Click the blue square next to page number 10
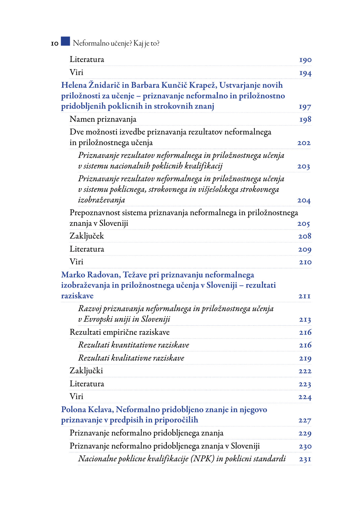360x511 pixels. tap(65, 41)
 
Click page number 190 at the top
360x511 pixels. tap(305, 60)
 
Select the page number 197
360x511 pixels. tap(305, 107)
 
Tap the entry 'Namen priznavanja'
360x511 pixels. tap(103, 119)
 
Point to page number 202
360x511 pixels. tap(304, 143)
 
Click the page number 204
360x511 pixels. tap(304, 201)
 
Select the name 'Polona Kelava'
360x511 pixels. tap(87, 410)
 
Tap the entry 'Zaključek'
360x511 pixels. tap(87, 236)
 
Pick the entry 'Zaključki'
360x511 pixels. tap(86, 371)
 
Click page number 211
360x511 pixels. tap(304, 296)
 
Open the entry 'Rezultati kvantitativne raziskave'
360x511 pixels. tap(133, 345)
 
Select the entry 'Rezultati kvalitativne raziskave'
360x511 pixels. tap(131, 358)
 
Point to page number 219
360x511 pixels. tap(305, 358)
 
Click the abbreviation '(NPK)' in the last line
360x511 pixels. tap(202, 459)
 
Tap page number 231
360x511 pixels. tap(305, 459)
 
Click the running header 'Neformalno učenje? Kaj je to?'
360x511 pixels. tap(116, 43)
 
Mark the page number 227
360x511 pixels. tap(304, 421)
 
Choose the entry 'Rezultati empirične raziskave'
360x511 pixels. tap(119, 332)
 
